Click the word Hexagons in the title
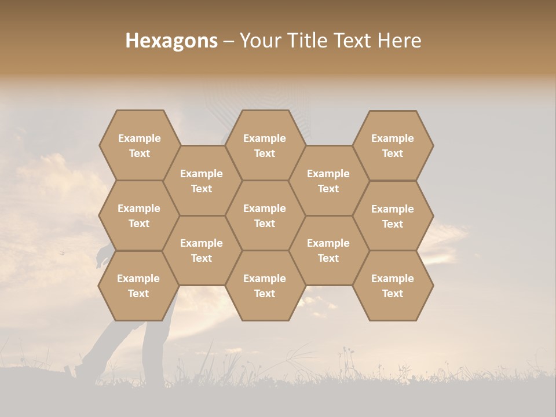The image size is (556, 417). pos(171,41)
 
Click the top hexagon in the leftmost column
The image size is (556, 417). pos(139,145)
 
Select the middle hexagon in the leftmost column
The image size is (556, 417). pos(139,215)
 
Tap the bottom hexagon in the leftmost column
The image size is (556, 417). pos(138,286)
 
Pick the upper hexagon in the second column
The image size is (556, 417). pos(202,181)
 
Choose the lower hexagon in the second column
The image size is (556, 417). pos(202,250)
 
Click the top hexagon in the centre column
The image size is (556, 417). pos(265,145)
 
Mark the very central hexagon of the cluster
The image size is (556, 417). pos(265,215)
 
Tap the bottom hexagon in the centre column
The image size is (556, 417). pos(265,286)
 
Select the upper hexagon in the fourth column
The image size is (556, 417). pos(328,181)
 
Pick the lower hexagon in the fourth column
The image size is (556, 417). pos(328,250)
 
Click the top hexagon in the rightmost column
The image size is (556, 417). pos(393,145)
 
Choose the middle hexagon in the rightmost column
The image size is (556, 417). pos(393,216)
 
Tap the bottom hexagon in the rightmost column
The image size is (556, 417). pos(393,286)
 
